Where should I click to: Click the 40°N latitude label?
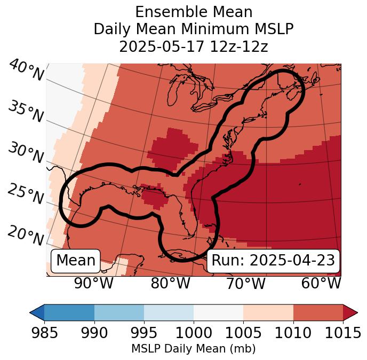(x=26, y=71)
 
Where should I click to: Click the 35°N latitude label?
(x=26, y=111)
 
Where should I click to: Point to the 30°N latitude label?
(x=26, y=153)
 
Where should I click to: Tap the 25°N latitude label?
(x=26, y=194)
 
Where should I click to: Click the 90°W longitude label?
(x=93, y=284)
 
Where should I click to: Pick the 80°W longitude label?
(x=171, y=284)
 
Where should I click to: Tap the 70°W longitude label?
(x=246, y=284)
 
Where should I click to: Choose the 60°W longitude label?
(x=321, y=284)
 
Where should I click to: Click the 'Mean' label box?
(x=76, y=261)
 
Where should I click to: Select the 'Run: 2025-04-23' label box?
(x=273, y=261)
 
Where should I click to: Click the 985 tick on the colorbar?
(x=44, y=333)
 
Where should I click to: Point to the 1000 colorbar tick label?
(x=194, y=333)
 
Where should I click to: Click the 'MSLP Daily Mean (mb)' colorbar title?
(x=193, y=349)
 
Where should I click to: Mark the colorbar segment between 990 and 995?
(x=119, y=312)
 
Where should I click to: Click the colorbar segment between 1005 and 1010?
(x=268, y=312)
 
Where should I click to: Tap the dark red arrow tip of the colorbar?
(x=350, y=312)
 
